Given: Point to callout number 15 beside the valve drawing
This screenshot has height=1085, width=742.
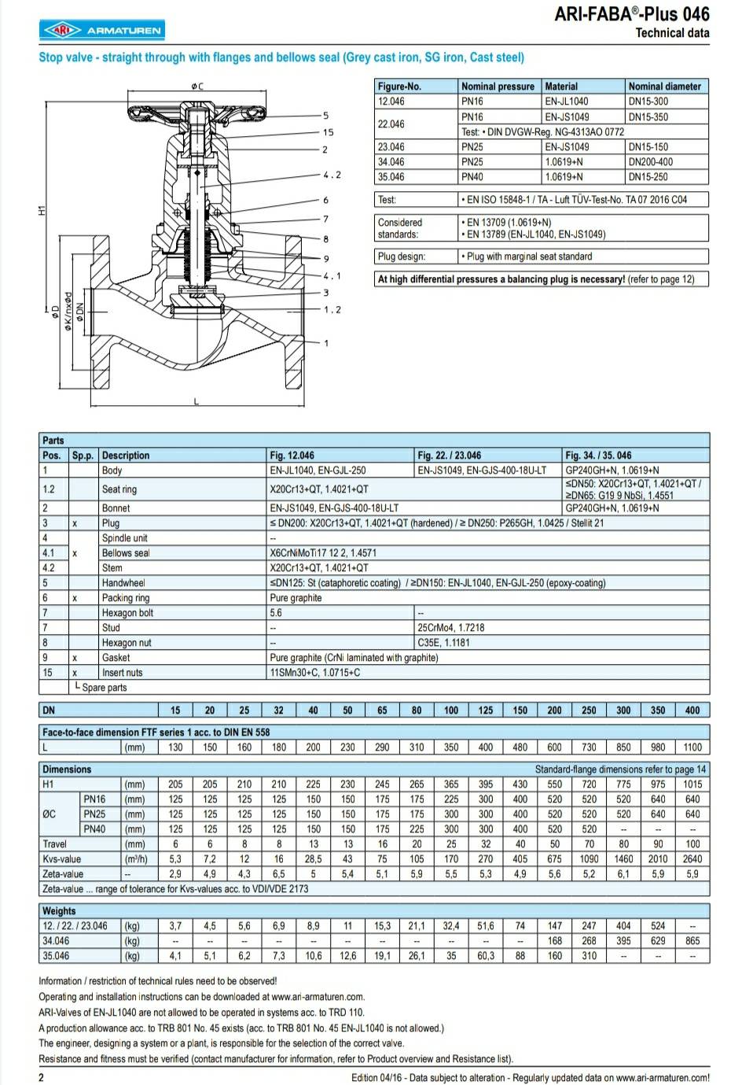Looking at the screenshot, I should pos(328,132).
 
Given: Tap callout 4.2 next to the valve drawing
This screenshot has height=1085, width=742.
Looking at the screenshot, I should pos(332,175).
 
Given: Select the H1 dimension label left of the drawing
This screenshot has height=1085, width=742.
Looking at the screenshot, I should pos(42,210).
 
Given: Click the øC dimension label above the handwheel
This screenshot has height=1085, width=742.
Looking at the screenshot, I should pos(197,86).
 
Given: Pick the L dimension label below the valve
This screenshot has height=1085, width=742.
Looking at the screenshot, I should pos(197,402).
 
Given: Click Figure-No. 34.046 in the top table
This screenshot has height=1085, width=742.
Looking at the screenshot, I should pos(391,162).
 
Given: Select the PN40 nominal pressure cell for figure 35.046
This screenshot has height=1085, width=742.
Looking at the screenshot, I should pos(472,177).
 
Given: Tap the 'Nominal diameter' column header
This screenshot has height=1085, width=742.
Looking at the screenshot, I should pos(664,87).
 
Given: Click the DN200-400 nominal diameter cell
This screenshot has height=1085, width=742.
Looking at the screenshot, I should pos(650,162).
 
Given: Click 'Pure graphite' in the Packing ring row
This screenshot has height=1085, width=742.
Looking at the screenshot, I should pos(296,598).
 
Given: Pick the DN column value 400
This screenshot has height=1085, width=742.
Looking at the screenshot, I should pos(692,710).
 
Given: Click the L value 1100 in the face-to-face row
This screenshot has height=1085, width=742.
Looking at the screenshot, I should pos(692,747).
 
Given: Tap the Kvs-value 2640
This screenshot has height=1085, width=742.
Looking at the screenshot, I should pos(692,859).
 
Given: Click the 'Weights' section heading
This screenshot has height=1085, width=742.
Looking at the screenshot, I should pos(59,911).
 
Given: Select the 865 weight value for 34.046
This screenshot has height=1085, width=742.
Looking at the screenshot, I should pos(692,941).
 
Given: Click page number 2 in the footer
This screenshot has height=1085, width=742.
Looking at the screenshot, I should pos(42,1078).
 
